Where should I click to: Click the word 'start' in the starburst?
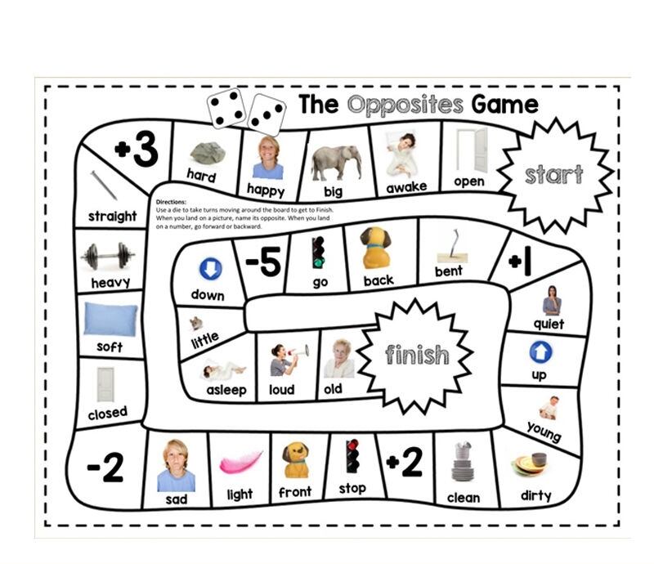pyautogui.click(x=553, y=174)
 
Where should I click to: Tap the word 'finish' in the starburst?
pyautogui.click(x=417, y=355)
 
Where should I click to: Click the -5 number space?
pyautogui.click(x=263, y=263)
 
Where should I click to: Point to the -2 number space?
pyautogui.click(x=105, y=468)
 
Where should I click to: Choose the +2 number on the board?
pyautogui.click(x=404, y=463)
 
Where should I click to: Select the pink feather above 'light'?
pyautogui.click(x=240, y=463)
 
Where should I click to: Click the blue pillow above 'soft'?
pyautogui.click(x=110, y=319)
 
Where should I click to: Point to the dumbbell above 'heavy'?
pyautogui.click(x=108, y=257)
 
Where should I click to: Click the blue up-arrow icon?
pyautogui.click(x=540, y=352)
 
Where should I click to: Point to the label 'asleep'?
pyautogui.click(x=226, y=390)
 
